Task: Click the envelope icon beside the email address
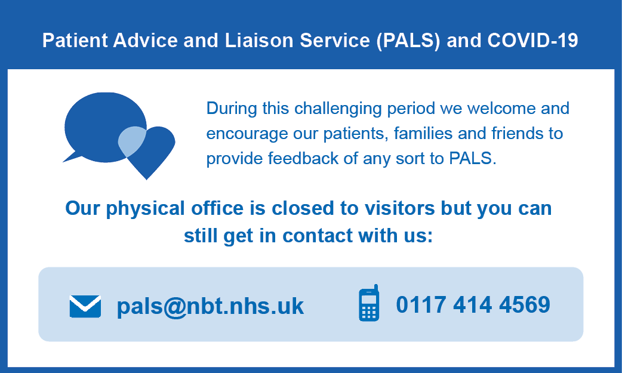(85, 306)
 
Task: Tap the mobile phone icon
(369, 303)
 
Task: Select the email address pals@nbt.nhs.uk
(210, 306)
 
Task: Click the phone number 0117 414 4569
(473, 305)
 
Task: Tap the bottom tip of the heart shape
(147, 180)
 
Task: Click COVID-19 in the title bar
(532, 41)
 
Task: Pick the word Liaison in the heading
(259, 41)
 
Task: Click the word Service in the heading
(335, 41)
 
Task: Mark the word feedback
(303, 158)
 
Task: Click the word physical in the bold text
(145, 209)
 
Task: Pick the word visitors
(399, 208)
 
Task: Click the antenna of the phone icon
(375, 288)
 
